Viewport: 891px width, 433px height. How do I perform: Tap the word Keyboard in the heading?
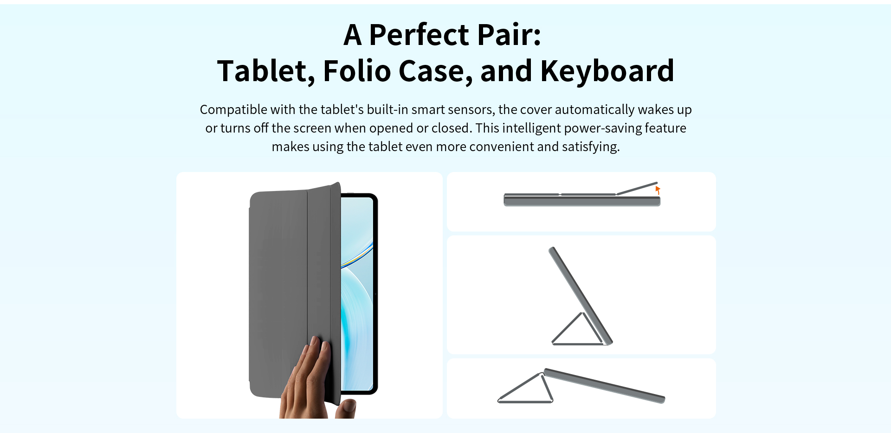point(607,71)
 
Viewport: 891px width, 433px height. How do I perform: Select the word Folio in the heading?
point(357,71)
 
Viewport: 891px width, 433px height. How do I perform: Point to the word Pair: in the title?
point(509,35)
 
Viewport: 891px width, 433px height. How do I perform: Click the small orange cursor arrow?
point(658,190)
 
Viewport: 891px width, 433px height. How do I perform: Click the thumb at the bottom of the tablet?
point(346,409)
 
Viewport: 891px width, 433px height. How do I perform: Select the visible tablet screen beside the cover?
point(357,294)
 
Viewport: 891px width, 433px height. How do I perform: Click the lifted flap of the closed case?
point(637,188)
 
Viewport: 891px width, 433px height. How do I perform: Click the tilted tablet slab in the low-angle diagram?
point(605,386)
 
